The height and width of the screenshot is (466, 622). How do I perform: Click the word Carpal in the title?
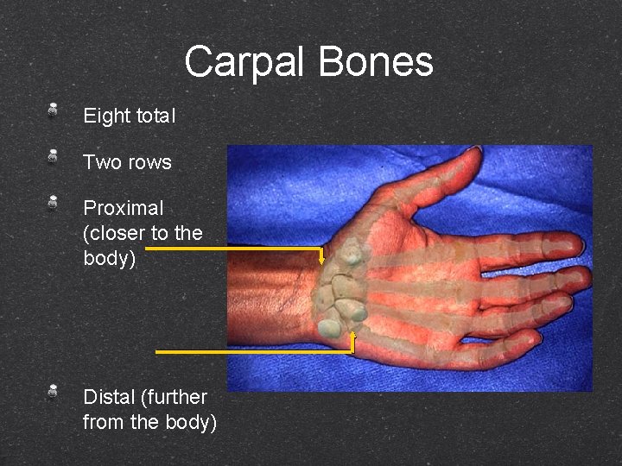click(246, 62)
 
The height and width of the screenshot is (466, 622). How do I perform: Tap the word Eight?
click(107, 115)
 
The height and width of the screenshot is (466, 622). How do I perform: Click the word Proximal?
click(124, 209)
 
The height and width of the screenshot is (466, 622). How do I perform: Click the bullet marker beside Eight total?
click(53, 110)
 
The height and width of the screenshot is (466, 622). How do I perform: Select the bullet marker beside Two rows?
click(53, 156)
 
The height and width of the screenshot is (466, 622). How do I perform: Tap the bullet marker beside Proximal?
click(53, 203)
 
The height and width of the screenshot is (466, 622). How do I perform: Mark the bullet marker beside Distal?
click(53, 391)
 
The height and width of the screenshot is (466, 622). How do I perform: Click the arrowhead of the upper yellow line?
click(322, 259)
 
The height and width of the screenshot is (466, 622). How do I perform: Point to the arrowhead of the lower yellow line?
click(352, 334)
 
